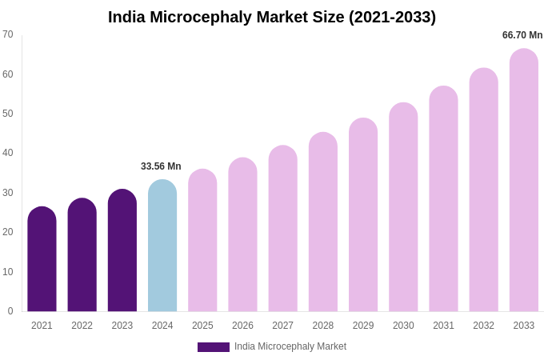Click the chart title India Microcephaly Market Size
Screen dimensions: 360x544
[272, 17]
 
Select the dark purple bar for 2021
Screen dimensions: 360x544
[42, 260]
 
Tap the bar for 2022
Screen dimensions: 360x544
[82, 256]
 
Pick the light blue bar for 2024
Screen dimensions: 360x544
[162, 246]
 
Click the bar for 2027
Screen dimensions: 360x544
[282, 230]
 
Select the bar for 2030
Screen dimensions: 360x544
[403, 208]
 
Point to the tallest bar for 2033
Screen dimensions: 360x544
[524, 181]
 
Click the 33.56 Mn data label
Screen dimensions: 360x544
[161, 166]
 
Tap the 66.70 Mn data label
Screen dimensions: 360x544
[522, 35]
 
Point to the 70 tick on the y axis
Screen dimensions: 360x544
[8, 34]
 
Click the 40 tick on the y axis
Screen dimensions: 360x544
[8, 153]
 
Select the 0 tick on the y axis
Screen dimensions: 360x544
[10, 311]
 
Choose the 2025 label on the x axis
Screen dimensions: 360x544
[202, 326]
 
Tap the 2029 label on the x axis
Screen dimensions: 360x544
[363, 326]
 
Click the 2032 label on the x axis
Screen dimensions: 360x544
[483, 326]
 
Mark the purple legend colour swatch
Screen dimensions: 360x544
[214, 347]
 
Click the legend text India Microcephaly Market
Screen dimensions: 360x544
[290, 346]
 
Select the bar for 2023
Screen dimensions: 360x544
[122, 251]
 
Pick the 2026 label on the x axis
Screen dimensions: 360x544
[242, 326]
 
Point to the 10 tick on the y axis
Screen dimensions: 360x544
[8, 272]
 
